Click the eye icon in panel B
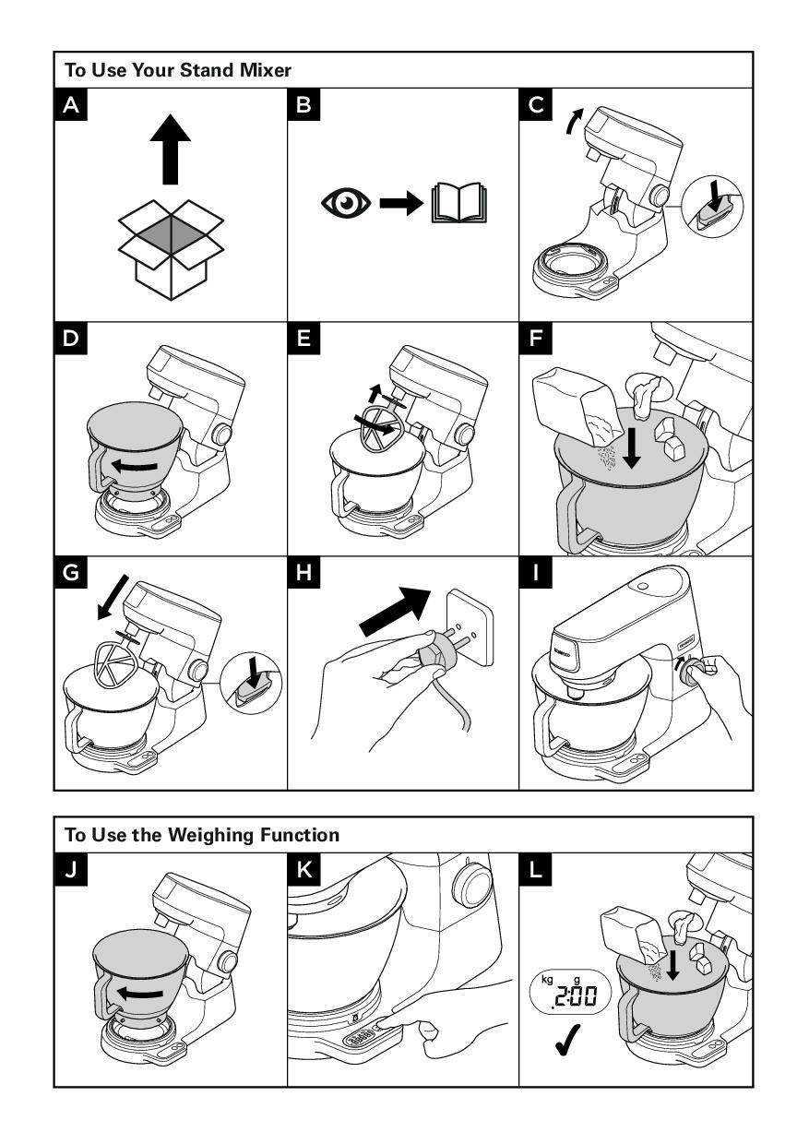(x=346, y=203)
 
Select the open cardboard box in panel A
(x=172, y=244)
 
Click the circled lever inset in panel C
(x=715, y=208)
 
